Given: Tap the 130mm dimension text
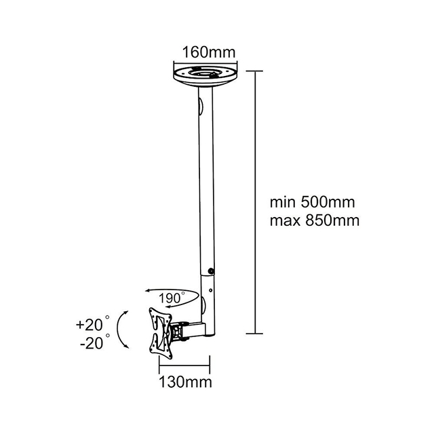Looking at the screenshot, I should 184,382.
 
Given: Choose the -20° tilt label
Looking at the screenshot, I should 90,343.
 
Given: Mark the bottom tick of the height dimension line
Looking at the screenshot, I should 254,333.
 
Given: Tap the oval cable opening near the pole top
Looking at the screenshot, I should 200,107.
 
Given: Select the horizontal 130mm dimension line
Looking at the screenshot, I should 184,366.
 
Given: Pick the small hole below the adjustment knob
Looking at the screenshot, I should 211,294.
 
